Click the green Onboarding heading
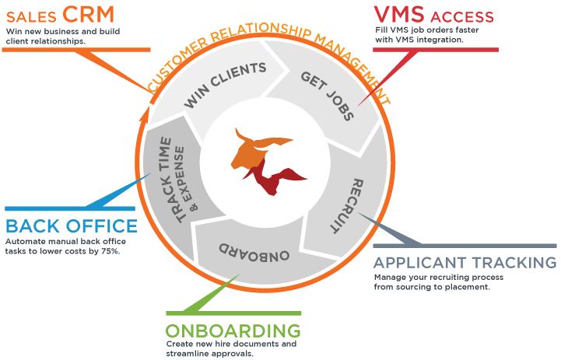pyautogui.click(x=233, y=328)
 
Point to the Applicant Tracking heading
pyautogui.click(x=465, y=263)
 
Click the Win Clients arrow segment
pyautogui.click(x=225, y=86)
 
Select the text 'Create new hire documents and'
pyautogui.click(x=220, y=343)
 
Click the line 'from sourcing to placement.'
pyautogui.click(x=432, y=287)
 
